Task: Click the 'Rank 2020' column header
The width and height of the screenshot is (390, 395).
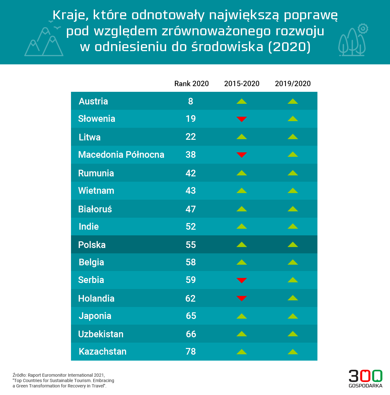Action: [x=192, y=84]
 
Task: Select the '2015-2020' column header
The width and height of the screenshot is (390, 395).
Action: [x=242, y=84]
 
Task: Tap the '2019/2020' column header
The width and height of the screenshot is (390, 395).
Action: [x=293, y=84]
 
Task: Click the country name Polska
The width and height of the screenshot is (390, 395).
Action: [x=92, y=245]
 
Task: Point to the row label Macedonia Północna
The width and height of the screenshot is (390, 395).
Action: [x=121, y=155]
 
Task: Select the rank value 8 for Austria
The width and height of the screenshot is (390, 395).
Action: [x=191, y=101]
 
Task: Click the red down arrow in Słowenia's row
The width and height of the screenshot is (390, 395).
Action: [x=242, y=119]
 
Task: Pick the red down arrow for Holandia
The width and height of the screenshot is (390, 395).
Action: [x=242, y=298]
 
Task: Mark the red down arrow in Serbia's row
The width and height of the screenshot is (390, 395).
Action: [x=242, y=280]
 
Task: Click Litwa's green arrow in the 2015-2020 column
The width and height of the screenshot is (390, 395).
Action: [x=242, y=137]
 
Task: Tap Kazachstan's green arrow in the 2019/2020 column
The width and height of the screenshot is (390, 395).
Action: [x=293, y=351]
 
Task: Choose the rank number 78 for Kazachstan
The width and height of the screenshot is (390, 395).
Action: [x=191, y=351]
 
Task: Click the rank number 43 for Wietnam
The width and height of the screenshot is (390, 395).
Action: [x=191, y=191]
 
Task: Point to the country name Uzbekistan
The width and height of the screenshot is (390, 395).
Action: [x=101, y=334]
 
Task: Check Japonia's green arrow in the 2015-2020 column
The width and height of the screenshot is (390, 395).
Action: [x=242, y=316]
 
